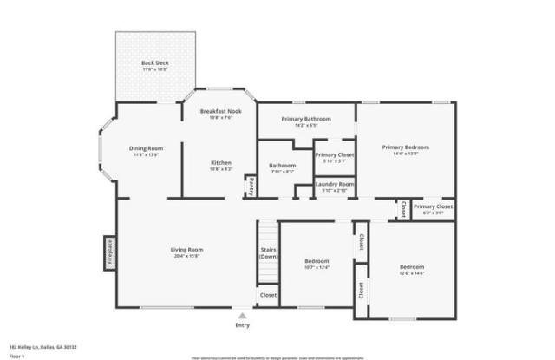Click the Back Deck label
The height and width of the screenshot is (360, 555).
[155, 63]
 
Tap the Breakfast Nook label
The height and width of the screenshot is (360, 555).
[220, 111]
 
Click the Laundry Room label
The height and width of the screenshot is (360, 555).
[333, 184]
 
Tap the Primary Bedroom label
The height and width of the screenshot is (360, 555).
[406, 147]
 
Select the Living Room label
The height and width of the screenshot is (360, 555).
[186, 250]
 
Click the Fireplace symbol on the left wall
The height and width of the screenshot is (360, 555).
[110, 252]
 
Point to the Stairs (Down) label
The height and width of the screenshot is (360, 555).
[269, 253]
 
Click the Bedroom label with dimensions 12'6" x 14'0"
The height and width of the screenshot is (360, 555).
[412, 266]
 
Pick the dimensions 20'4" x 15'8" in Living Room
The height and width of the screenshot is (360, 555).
[186, 256]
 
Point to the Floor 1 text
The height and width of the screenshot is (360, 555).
[16, 355]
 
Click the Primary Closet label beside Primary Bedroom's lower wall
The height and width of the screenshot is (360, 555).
[433, 206]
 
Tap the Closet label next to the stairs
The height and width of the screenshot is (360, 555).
[269, 295]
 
